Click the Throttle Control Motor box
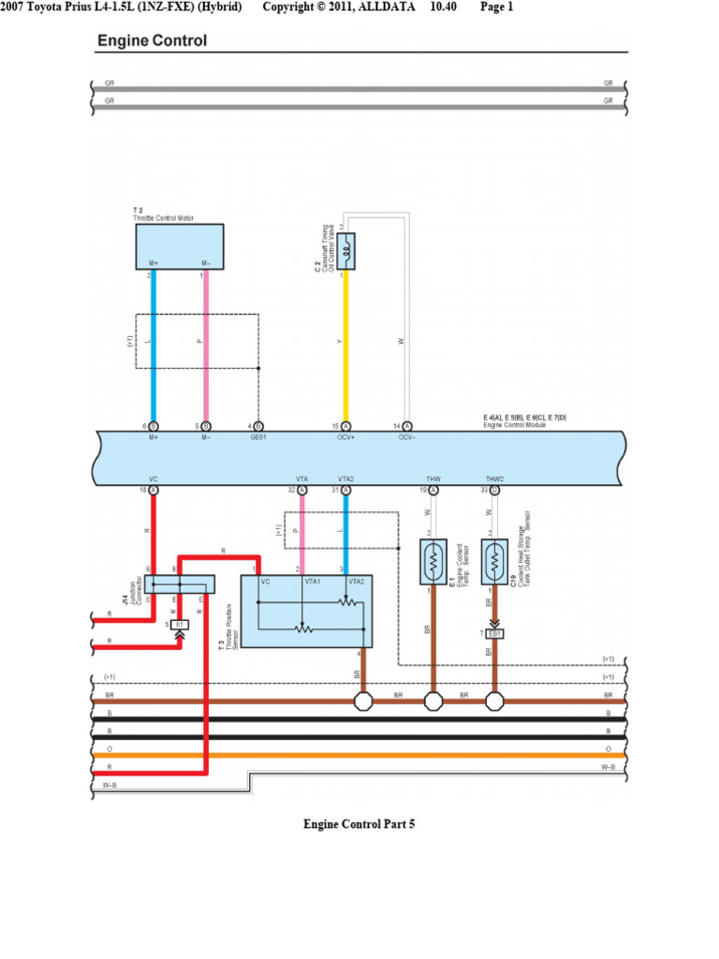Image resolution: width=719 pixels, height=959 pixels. click(180, 247)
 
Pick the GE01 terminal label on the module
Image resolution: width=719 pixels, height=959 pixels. click(258, 436)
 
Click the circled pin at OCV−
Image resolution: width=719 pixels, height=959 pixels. click(406, 426)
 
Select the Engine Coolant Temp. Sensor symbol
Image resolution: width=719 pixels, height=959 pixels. click(433, 561)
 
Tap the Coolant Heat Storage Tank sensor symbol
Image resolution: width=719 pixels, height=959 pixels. click(494, 561)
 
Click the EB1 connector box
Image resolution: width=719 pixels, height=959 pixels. click(494, 634)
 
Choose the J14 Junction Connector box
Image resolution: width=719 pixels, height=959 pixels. click(180, 584)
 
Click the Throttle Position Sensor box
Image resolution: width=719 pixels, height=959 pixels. click(307, 611)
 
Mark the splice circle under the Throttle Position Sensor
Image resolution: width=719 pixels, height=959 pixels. click(362, 701)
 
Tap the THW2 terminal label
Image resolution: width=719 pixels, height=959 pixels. click(494, 479)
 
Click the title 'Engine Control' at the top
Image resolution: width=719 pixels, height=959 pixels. click(153, 41)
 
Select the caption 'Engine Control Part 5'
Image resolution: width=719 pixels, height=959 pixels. click(359, 824)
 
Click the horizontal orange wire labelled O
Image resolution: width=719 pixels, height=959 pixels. click(359, 754)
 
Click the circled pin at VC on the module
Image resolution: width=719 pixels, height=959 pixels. click(154, 490)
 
